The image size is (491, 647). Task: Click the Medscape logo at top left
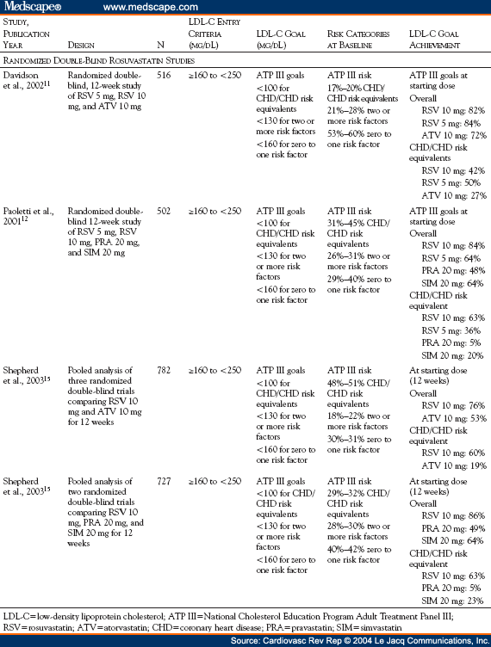tap(29, 8)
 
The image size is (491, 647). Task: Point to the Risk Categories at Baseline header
tap(359, 37)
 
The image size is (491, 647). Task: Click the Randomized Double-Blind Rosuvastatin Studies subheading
tap(96, 60)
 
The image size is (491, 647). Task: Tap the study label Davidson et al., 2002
tap(29, 82)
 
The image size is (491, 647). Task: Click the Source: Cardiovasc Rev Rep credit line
tap(363, 640)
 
